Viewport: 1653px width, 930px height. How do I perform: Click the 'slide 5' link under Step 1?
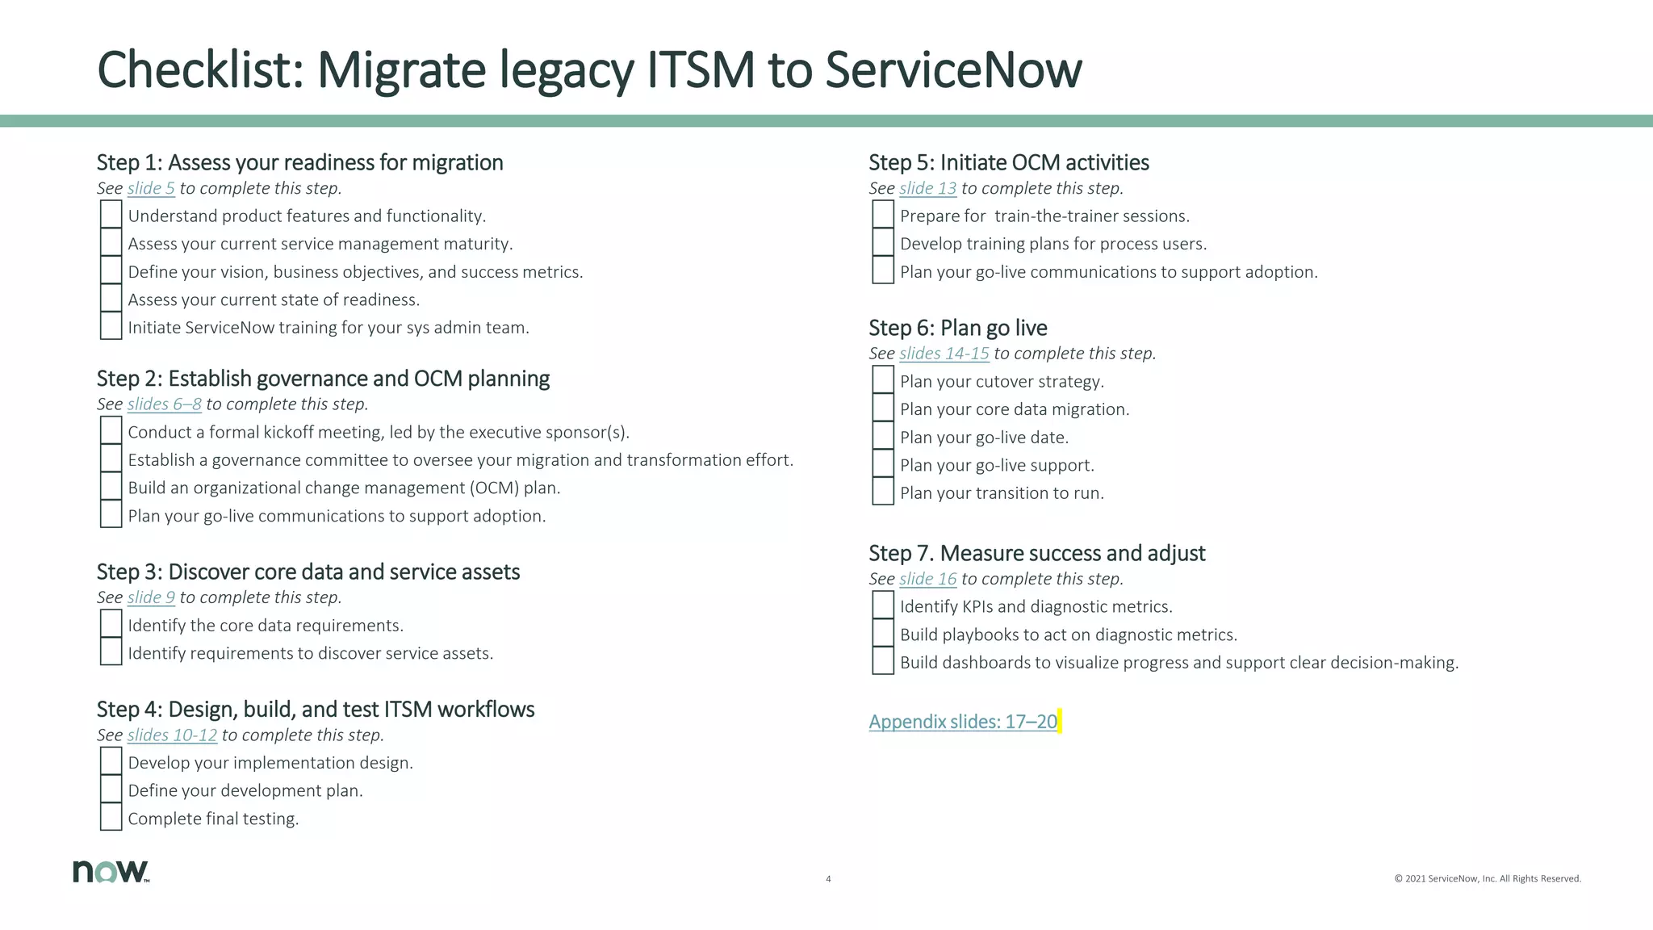coord(151,189)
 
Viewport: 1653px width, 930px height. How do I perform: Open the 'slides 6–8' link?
coord(164,404)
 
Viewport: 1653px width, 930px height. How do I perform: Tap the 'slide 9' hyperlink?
coord(151,597)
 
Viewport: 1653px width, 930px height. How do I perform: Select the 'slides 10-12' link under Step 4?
coord(172,735)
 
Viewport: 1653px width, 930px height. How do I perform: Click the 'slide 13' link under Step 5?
coord(927,189)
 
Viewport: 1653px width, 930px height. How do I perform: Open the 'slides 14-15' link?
coord(944,354)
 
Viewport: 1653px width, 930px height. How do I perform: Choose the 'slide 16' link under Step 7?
coord(927,579)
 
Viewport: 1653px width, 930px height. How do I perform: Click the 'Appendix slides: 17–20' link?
coord(963,722)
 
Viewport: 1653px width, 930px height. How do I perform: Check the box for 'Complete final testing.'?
coord(111,817)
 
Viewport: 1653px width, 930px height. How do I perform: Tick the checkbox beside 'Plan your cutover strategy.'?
coord(883,379)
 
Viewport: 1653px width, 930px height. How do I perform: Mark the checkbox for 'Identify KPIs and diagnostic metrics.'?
coord(883,605)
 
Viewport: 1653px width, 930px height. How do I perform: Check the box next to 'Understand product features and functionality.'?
coord(111,214)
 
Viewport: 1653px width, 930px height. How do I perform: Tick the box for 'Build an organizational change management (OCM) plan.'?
coord(111,486)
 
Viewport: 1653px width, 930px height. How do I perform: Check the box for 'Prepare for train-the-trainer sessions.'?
coord(883,214)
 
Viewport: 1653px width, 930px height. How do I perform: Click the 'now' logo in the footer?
coord(111,871)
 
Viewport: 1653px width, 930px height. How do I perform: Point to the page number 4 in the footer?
coord(828,879)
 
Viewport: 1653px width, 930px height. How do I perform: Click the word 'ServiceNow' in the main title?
coord(953,70)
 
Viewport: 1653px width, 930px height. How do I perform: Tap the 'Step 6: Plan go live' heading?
coord(957,328)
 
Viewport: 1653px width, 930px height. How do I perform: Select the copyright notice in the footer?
coord(1487,879)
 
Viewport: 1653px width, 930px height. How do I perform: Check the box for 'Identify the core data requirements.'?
coord(111,623)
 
